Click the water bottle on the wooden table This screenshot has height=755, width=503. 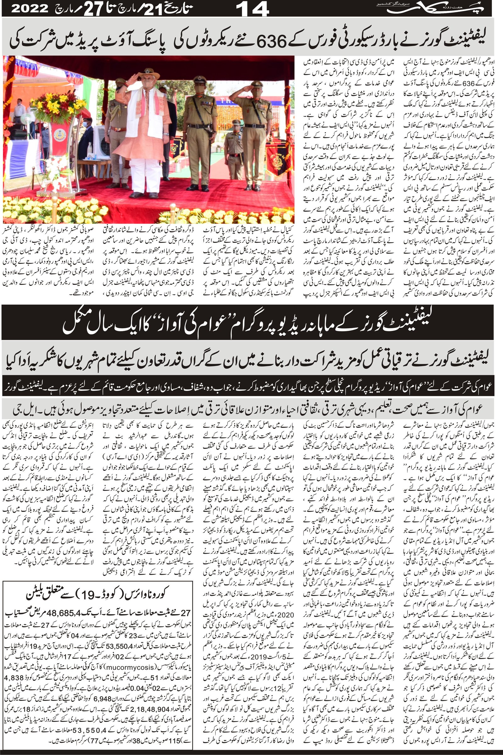(91, 148)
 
